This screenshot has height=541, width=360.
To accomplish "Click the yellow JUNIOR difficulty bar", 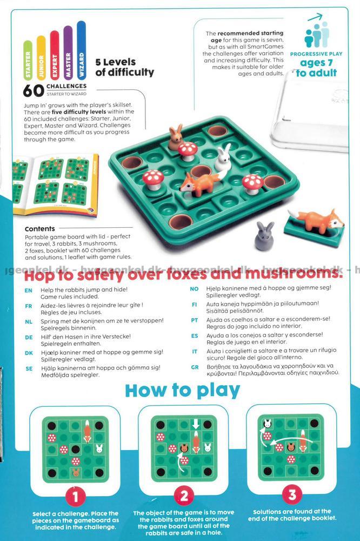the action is coord(41,58).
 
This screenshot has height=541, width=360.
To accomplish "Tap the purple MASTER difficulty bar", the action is coord(68,53).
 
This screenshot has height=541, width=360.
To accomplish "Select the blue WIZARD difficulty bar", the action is coord(82,51).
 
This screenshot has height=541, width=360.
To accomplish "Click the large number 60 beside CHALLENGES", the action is coord(34,90).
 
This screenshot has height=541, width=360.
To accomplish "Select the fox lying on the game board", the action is coord(200,183).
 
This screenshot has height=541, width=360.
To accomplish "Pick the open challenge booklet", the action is coord(56,184).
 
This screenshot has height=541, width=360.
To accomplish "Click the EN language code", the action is coord(28,291).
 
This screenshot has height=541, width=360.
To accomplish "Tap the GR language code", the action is coord(195,367).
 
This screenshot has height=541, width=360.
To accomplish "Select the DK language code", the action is coord(29,353).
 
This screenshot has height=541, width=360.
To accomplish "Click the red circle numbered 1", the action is coord(75,497).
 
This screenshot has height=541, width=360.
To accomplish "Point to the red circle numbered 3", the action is coord(292,495).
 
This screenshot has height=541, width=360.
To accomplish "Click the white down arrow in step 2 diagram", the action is coord(196,424).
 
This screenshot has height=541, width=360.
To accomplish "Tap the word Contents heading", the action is coord(39,229).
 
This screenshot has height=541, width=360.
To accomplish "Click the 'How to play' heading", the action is coord(182,391).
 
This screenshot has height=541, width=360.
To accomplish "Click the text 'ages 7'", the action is coord(316,63).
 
